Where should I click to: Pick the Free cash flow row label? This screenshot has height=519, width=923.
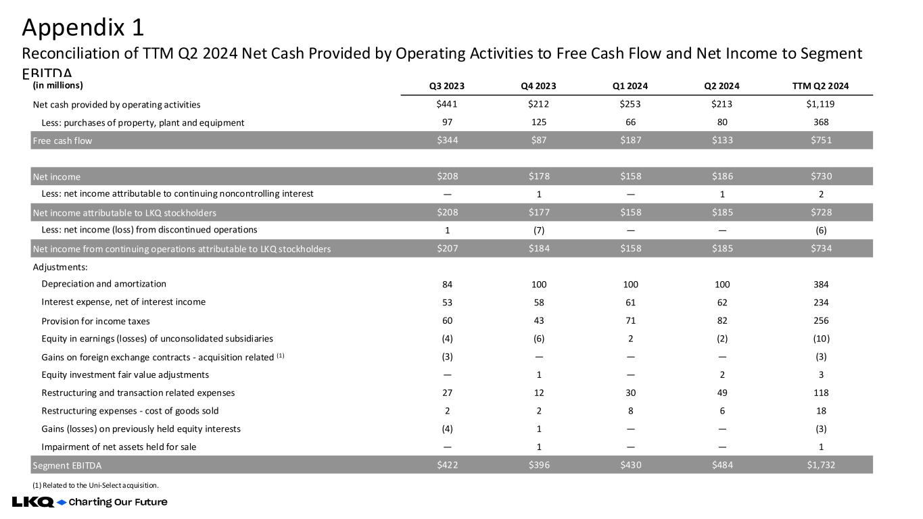pos(62,141)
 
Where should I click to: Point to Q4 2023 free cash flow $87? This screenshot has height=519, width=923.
pos(539,141)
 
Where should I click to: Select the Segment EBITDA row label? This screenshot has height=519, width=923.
pos(67,465)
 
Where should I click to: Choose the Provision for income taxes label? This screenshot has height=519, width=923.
pos(95,320)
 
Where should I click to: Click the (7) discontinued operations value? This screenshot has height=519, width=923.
pos(539,230)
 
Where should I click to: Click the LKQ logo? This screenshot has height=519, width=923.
pos(32,502)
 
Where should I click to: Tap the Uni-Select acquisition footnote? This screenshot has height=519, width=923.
pos(95,485)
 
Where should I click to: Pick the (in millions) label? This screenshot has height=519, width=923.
pos(57,85)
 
